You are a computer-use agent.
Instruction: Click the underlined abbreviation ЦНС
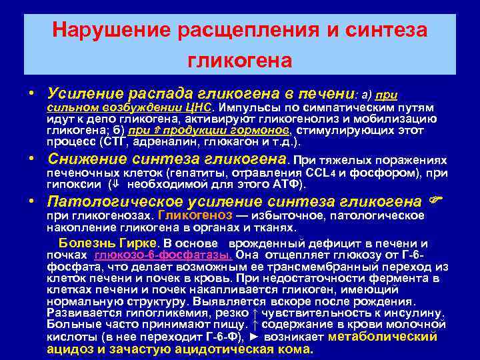click(x=199, y=107)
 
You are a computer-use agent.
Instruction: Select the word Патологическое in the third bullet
click(x=114, y=201)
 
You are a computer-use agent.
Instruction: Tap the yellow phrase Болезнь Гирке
click(x=108, y=243)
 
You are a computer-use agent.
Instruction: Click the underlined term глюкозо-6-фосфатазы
click(x=163, y=255)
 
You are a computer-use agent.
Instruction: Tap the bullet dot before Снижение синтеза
click(x=39, y=159)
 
